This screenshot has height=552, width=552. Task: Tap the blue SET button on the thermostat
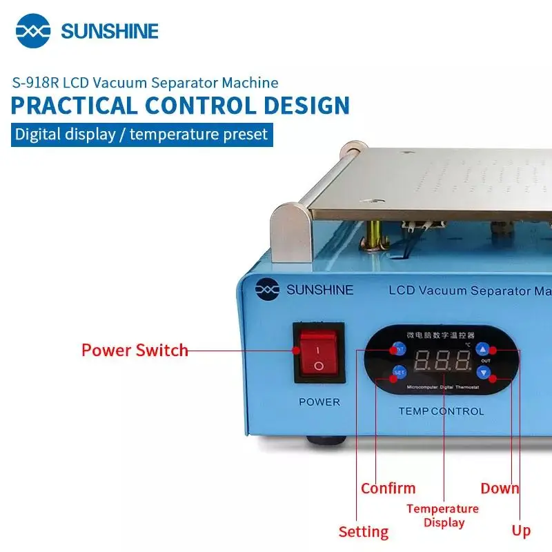coord(400,373)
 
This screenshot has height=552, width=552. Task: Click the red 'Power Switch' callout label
coord(135,350)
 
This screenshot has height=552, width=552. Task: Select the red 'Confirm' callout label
coord(388,489)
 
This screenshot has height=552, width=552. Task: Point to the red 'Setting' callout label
coord(363,532)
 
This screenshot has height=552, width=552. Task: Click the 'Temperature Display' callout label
coord(442,515)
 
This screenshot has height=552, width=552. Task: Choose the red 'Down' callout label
coord(500,489)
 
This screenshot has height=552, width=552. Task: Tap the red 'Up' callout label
coord(521,531)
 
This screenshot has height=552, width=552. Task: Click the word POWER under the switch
coord(319,402)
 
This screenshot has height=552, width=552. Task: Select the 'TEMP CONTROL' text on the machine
coord(441,411)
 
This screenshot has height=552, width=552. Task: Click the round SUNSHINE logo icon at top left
coord(34,31)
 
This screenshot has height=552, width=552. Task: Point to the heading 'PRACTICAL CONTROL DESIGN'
coord(180,106)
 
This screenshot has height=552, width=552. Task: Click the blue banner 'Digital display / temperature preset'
coord(141,133)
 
